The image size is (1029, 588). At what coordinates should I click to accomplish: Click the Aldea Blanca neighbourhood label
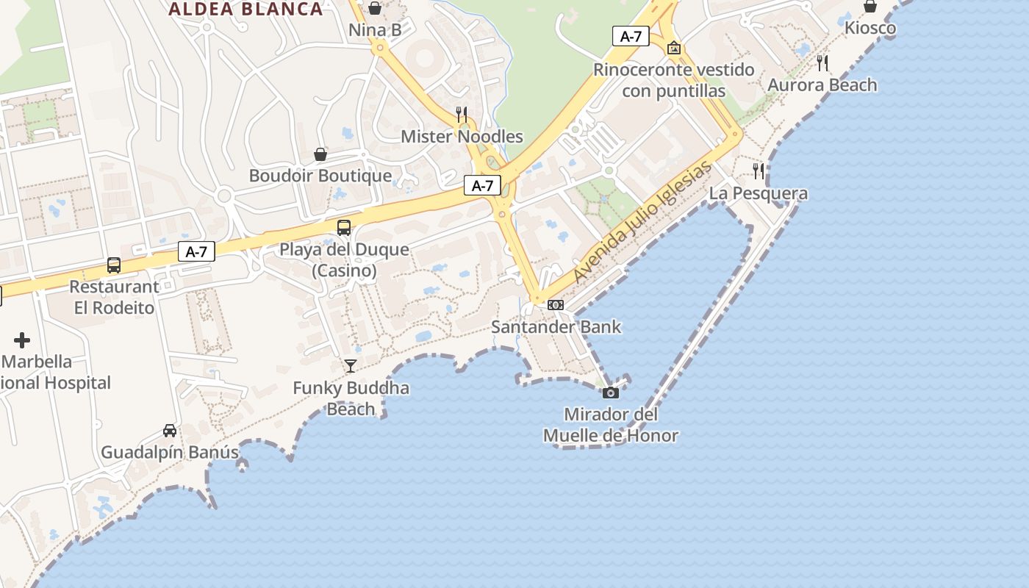(245, 10)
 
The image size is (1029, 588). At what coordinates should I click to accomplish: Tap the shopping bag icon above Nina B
(375, 8)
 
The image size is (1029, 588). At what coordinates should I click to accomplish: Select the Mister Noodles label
(462, 137)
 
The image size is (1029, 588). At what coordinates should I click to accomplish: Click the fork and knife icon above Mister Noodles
(462, 114)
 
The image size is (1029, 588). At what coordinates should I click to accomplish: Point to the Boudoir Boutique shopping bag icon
(320, 154)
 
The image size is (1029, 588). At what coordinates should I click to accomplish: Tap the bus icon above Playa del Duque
(344, 228)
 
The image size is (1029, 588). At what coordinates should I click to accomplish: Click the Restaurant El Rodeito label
(114, 297)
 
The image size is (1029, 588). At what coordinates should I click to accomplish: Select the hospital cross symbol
(22, 340)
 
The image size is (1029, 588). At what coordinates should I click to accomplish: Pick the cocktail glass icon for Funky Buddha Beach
(351, 366)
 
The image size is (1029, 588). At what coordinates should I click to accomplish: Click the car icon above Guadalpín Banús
(170, 431)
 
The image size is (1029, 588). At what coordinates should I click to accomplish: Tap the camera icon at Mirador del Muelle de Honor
(611, 392)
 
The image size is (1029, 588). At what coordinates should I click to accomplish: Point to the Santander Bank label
(556, 327)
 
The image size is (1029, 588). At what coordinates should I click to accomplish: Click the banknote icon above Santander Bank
(556, 305)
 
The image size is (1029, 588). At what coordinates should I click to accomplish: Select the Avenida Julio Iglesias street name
(642, 223)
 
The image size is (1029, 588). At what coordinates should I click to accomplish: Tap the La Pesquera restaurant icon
(759, 171)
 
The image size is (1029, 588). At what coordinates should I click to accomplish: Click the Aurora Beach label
(822, 85)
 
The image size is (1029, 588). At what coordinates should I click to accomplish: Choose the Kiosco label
(870, 29)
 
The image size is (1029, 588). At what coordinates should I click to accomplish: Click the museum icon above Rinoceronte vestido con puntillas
(674, 49)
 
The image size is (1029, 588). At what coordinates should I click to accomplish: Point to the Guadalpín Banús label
(170, 452)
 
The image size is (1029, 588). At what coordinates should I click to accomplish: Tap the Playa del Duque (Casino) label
(344, 260)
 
